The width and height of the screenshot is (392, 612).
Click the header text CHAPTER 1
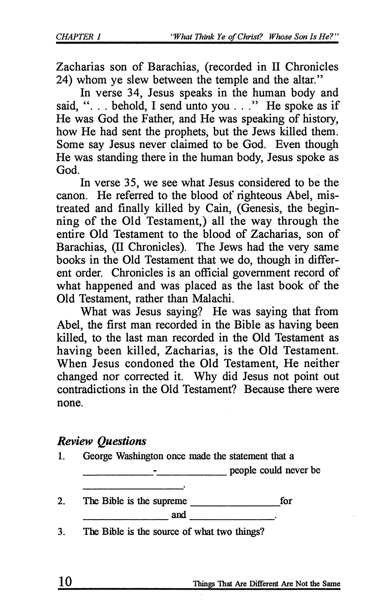pos(78,37)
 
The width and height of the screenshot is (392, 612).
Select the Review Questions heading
pos(102,441)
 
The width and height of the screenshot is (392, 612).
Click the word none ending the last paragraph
pos(70,402)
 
